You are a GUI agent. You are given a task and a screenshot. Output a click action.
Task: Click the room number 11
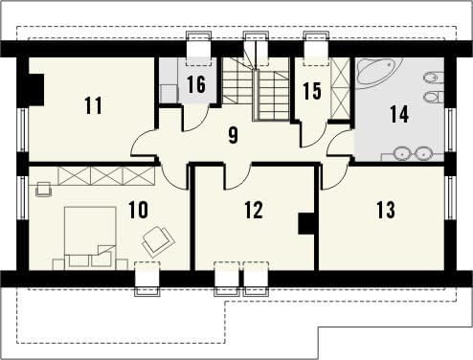[x=94, y=105]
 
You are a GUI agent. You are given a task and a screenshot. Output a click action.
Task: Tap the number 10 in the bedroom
[x=139, y=210]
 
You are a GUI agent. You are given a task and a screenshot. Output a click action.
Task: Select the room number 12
[x=254, y=210]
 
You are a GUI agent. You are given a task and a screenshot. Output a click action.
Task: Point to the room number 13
[x=386, y=210]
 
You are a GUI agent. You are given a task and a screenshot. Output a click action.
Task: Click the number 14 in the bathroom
[x=399, y=114]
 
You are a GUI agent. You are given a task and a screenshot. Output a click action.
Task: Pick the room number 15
[x=312, y=91]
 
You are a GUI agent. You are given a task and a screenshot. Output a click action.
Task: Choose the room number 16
[x=196, y=84]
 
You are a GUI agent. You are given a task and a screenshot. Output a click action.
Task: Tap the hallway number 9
[x=234, y=136]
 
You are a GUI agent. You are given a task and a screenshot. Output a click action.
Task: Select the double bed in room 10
[x=90, y=238]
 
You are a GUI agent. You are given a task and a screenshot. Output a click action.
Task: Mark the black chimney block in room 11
[x=36, y=89]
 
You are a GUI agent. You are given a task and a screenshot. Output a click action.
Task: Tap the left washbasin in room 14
[x=401, y=154]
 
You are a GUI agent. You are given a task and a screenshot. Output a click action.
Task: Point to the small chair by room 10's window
[x=44, y=190]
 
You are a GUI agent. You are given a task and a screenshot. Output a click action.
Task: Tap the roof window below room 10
[x=147, y=279]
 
